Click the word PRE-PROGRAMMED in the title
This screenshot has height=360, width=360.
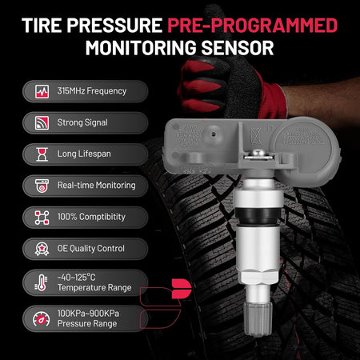(x=253, y=26)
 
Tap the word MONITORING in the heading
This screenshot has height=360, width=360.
(x=141, y=48)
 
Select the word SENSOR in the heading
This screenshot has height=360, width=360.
(x=238, y=48)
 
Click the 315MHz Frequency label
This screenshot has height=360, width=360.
(x=92, y=91)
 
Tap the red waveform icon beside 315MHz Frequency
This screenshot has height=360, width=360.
(x=42, y=91)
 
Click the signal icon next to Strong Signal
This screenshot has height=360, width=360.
(x=42, y=123)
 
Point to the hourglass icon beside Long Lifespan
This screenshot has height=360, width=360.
(x=42, y=154)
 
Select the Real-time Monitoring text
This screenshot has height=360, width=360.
(x=97, y=186)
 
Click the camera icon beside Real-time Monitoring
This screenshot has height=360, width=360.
(x=42, y=186)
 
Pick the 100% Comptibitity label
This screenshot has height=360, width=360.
(x=91, y=217)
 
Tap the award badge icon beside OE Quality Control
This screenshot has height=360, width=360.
(x=42, y=249)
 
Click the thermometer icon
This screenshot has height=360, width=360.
(x=42, y=282)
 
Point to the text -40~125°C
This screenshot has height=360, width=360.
(x=77, y=278)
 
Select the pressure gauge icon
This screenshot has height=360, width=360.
(x=42, y=318)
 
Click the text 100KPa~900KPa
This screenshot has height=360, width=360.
(x=88, y=314)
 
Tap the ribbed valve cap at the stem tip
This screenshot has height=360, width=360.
(x=258, y=318)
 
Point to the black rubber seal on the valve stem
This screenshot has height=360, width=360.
(x=258, y=216)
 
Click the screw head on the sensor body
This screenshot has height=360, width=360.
(x=258, y=154)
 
